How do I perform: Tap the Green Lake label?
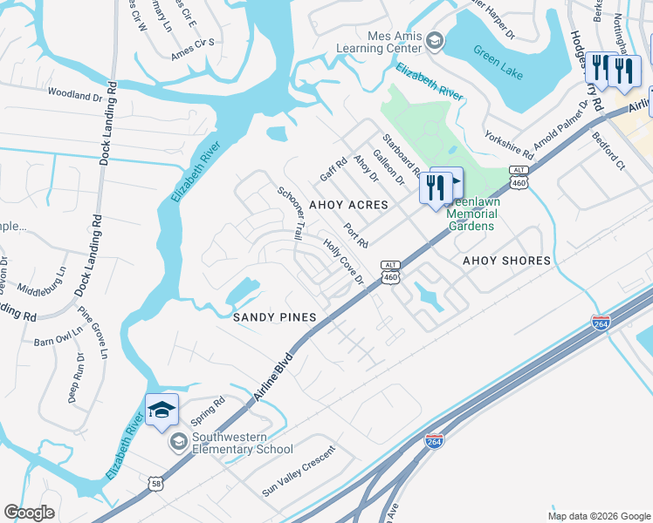[x=498, y=63]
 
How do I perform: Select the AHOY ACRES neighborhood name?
[x=348, y=205]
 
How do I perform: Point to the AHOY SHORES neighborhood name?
[x=506, y=261]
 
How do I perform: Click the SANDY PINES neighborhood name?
[x=273, y=318]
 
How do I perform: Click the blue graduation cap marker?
[x=162, y=411]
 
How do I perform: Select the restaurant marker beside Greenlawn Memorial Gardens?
[x=434, y=187]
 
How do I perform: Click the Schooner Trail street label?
[x=291, y=214]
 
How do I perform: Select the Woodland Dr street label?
[x=75, y=93]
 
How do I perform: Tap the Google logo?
[x=30, y=513]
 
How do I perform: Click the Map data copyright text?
[x=599, y=515]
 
